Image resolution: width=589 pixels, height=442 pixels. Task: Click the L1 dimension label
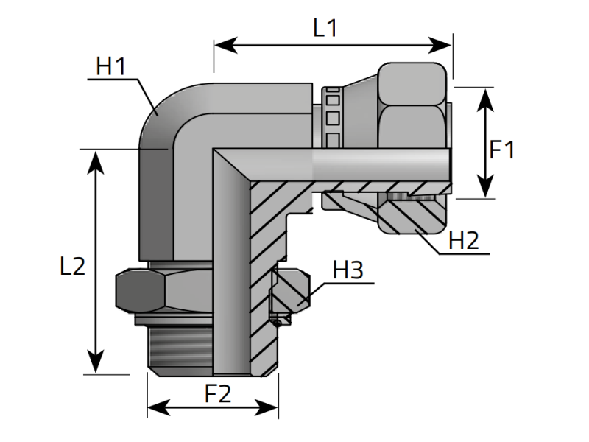pos(325,29)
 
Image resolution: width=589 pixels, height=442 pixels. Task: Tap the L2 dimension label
pos(72,265)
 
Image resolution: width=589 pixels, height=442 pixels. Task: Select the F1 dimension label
pos(502,150)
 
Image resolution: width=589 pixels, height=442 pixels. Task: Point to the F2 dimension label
pos(218,394)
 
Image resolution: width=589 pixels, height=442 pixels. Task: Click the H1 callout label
pos(112,67)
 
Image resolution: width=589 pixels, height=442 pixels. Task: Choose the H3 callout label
pos(348,270)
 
